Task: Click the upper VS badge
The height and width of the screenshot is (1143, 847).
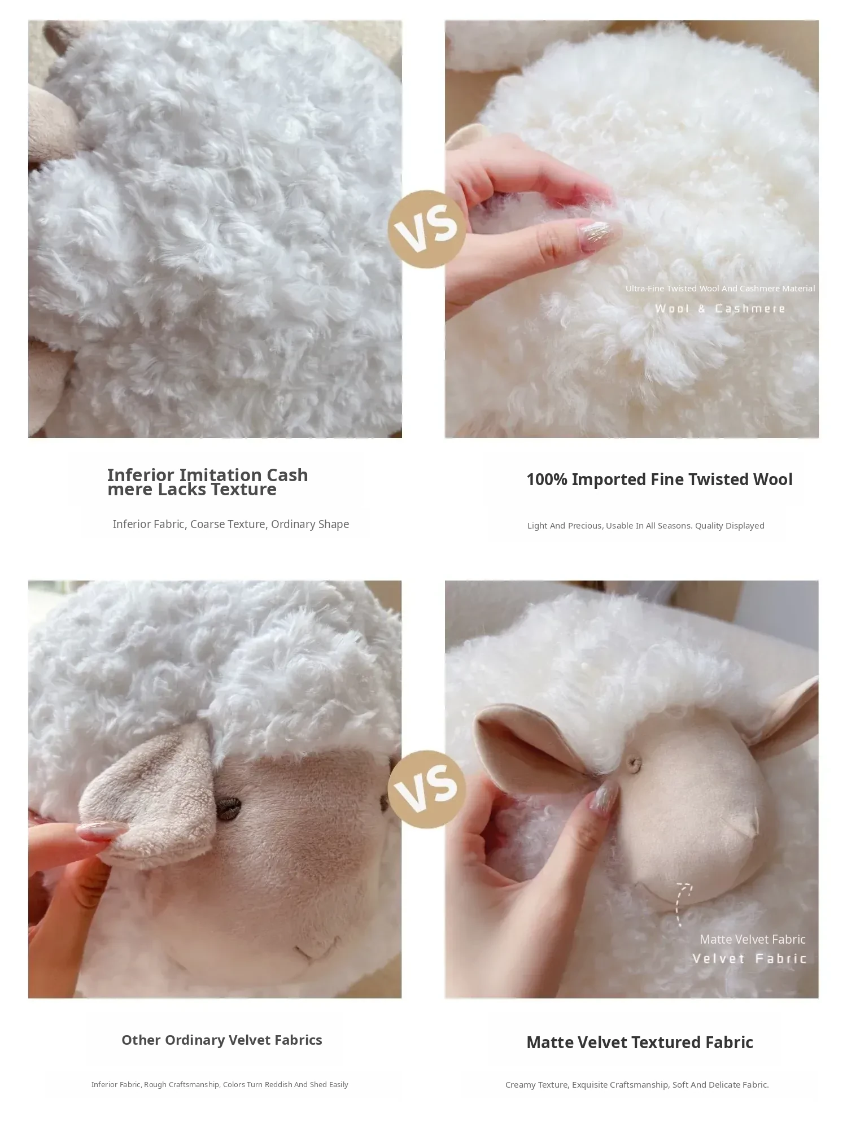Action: pyautogui.click(x=427, y=229)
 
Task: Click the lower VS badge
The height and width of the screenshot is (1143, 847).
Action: pyautogui.click(x=427, y=789)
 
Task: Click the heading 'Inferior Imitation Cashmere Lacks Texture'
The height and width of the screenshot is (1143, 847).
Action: pyautogui.click(x=208, y=482)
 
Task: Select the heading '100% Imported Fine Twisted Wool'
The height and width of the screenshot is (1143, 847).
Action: pyautogui.click(x=660, y=479)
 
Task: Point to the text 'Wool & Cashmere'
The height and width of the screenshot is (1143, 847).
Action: pyautogui.click(x=720, y=308)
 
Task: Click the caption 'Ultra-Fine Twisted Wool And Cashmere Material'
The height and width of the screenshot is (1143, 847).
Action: pyautogui.click(x=720, y=289)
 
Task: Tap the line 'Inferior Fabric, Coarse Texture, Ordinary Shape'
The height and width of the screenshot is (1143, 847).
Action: pyautogui.click(x=230, y=524)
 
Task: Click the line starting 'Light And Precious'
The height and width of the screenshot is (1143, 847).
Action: pyautogui.click(x=646, y=526)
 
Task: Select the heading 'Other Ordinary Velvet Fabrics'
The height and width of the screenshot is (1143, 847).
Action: pyautogui.click(x=222, y=1040)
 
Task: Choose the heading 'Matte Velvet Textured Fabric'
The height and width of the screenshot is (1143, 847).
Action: pyautogui.click(x=640, y=1042)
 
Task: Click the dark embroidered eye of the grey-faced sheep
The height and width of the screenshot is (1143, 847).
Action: pyautogui.click(x=229, y=809)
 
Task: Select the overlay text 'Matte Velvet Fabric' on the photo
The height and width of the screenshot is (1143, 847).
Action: pyautogui.click(x=752, y=939)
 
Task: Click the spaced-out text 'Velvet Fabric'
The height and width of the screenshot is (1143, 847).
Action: pyautogui.click(x=749, y=958)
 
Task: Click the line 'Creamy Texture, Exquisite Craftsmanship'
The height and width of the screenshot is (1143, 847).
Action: pyautogui.click(x=637, y=1085)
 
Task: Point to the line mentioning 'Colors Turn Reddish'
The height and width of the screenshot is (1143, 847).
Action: pyautogui.click(x=220, y=1085)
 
